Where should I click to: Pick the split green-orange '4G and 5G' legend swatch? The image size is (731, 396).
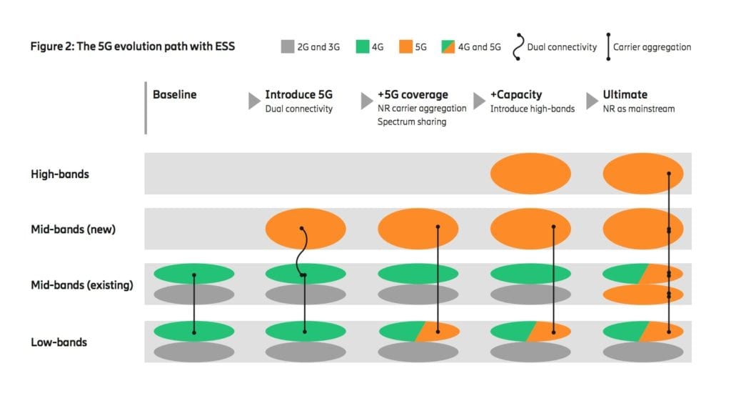coord(446,47)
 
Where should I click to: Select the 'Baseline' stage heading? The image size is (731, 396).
coord(174,94)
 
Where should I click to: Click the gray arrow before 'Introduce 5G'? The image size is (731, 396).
coord(254,101)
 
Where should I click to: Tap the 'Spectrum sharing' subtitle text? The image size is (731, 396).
coord(412,122)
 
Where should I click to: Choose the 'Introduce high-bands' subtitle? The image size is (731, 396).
coord(532,109)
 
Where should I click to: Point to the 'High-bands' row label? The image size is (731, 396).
coord(60,174)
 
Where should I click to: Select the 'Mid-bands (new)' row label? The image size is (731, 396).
coord(73,229)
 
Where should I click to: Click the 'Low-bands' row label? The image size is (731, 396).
coord(59,342)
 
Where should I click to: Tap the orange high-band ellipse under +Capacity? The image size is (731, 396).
coord(530,174)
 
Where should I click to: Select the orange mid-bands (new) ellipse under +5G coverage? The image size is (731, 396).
coord(418,229)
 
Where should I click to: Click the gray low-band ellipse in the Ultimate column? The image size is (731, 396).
coord(643,352)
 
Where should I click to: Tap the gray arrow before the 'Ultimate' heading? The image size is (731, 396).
coord(592,101)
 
